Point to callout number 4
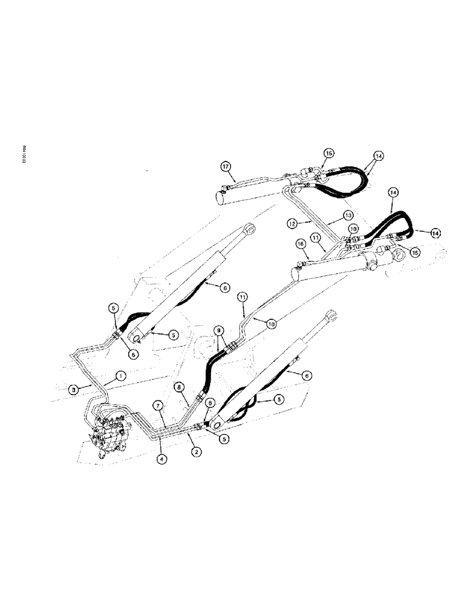click(161, 459)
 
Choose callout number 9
click(219, 331)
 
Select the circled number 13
click(348, 215)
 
